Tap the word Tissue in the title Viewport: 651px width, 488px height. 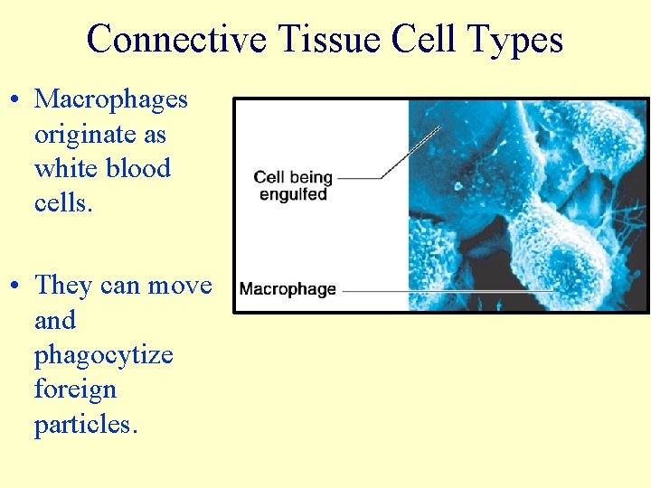[x=328, y=40]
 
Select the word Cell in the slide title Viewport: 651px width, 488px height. [x=423, y=40]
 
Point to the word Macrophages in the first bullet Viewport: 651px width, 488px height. [x=110, y=99]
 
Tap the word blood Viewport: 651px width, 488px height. [x=138, y=168]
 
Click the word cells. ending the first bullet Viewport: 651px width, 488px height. [x=62, y=202]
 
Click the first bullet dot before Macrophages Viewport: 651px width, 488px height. [x=16, y=100]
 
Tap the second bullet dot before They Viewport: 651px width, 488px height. [x=16, y=286]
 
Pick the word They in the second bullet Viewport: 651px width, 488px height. [x=63, y=286]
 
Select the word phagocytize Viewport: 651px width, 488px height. [x=103, y=355]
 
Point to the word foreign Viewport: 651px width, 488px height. [x=75, y=389]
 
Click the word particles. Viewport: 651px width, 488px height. [x=86, y=424]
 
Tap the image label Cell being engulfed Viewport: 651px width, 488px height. [x=292, y=185]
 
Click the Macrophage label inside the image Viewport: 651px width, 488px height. [x=288, y=289]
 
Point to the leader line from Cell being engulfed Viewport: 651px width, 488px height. [x=398, y=163]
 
